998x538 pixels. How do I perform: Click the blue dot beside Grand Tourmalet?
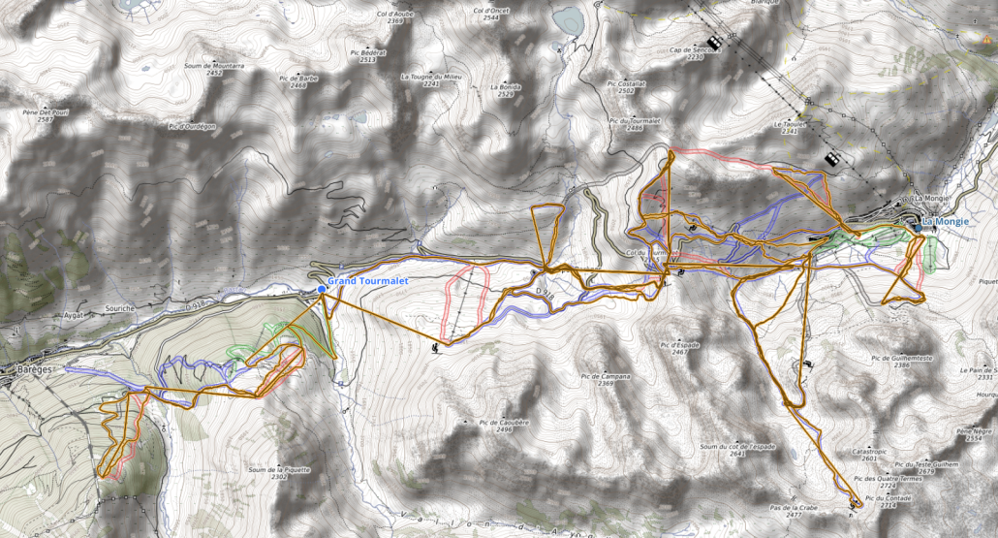coord(322,288)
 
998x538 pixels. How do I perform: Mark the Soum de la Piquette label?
coord(279,469)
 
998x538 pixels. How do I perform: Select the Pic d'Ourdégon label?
coord(191,126)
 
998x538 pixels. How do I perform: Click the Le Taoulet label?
coord(790,124)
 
